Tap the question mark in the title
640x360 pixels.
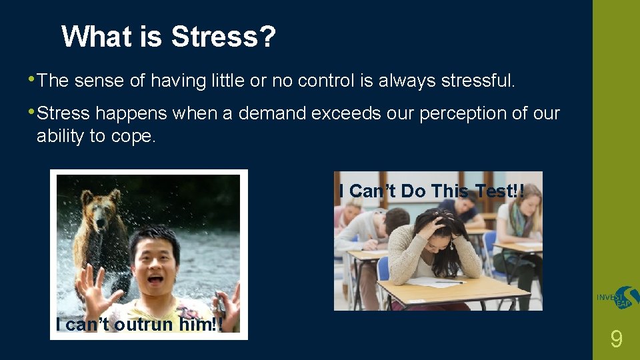click(x=267, y=37)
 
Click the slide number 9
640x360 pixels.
click(x=617, y=340)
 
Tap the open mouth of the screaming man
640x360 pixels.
click(x=156, y=280)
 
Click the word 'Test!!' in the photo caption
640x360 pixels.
click(x=500, y=191)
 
